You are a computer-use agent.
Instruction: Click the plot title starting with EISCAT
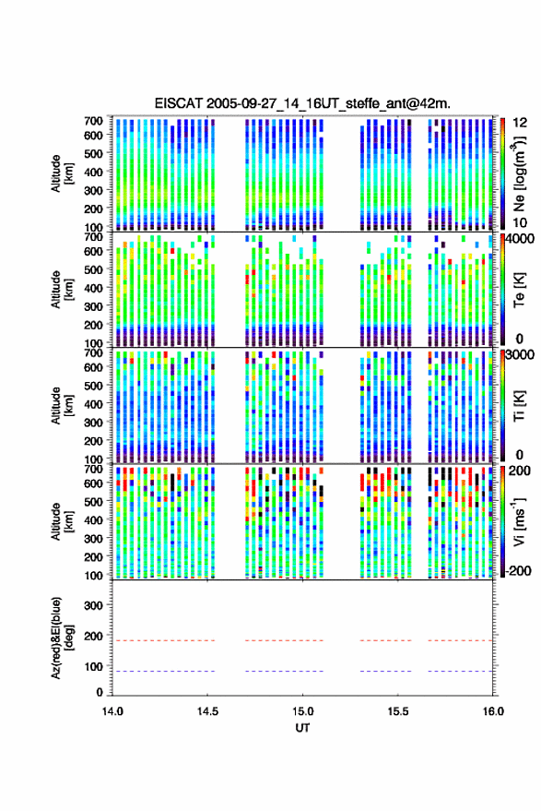pos(302,103)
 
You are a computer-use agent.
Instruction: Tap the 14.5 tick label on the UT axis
pos(207,711)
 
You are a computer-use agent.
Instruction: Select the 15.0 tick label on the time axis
pos(302,711)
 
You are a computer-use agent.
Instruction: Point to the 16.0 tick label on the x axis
pos(493,711)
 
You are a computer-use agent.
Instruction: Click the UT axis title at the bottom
pos(302,728)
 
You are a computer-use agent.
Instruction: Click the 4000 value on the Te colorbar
pos(520,239)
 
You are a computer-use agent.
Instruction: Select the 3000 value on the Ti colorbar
pos(520,355)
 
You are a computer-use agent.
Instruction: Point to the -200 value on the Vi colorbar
pos(518,571)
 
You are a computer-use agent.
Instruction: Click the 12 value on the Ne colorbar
pos(520,123)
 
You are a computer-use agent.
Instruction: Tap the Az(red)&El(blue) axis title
pos(62,638)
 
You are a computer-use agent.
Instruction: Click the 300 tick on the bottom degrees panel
pos(93,605)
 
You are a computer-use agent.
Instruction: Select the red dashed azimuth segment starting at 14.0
pos(163,640)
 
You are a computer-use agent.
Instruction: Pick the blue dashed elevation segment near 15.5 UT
pos(385,672)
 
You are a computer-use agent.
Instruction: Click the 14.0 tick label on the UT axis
pos(112,711)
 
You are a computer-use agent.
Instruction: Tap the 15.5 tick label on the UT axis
pos(397,711)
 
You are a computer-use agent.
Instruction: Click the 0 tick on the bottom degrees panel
pos(100,692)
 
